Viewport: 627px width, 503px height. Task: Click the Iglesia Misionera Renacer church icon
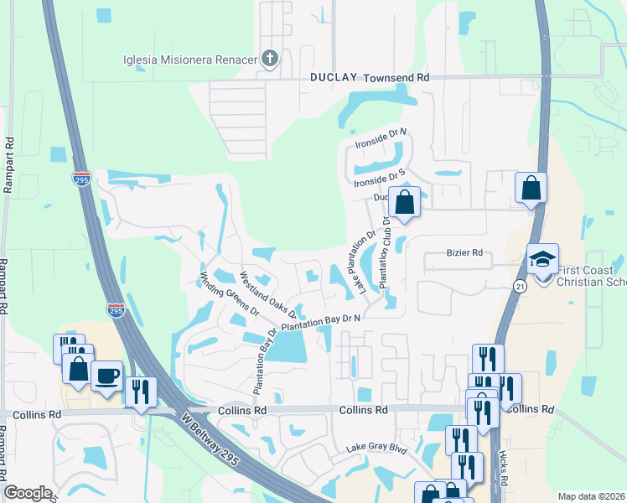coord(269,59)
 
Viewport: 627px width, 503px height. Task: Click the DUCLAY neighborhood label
coord(334,77)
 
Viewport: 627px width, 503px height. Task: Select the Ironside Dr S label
coord(380,177)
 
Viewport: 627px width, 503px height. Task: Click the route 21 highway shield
coord(520,287)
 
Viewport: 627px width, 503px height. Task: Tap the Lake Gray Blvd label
coord(377,449)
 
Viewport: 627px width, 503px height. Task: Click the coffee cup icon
coord(106,376)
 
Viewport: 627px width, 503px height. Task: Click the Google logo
coord(28,493)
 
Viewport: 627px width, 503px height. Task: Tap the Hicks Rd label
coord(503,474)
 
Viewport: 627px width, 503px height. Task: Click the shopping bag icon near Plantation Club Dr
coord(404,203)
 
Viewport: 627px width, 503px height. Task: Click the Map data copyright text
coord(592,496)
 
